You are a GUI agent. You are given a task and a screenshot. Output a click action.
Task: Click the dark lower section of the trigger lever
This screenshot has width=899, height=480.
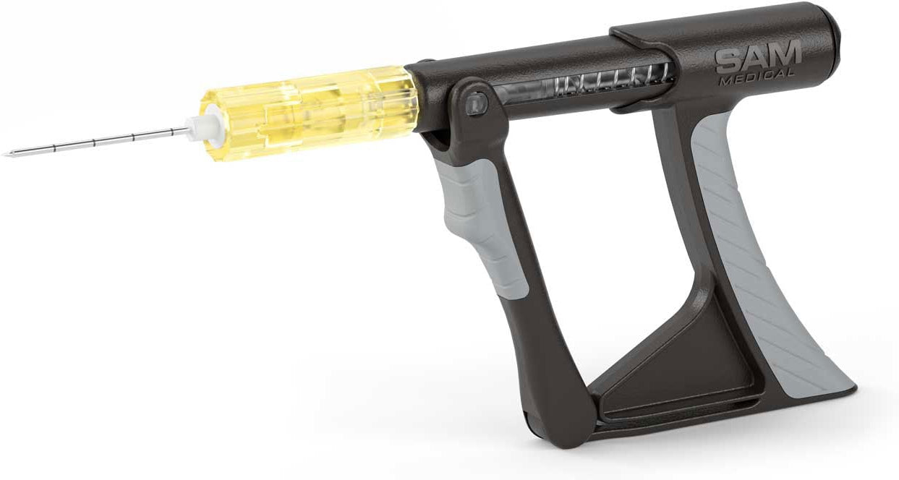[542, 347]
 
